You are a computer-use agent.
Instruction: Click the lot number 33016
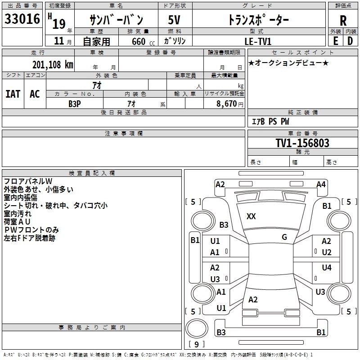click(22, 19)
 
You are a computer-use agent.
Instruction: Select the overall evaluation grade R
click(343, 20)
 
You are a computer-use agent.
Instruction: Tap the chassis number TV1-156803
click(302, 143)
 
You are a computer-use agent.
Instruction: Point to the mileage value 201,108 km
click(52, 64)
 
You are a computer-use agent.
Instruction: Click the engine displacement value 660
click(139, 41)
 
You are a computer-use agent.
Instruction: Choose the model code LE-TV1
click(257, 41)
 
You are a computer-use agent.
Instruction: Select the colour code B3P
click(74, 103)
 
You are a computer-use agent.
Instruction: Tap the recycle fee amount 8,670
click(226, 103)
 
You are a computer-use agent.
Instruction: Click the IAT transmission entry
click(13, 94)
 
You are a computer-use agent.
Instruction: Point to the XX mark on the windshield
click(251, 216)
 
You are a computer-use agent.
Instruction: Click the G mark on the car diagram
click(284, 237)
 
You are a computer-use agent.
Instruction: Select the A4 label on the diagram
click(321, 184)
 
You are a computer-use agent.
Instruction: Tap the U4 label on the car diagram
click(327, 268)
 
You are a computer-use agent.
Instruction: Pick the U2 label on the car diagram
click(327, 252)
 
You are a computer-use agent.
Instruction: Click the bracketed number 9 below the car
click(196, 344)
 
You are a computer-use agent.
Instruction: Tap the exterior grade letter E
click(336, 41)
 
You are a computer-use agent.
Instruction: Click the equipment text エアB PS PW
click(270, 121)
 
